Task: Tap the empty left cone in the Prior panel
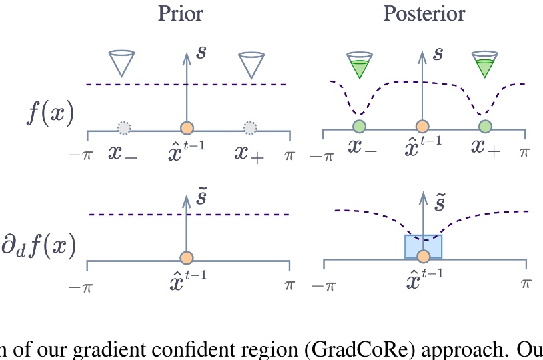click(122, 63)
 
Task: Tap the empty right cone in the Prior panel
click(251, 63)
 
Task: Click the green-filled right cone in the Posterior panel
click(484, 64)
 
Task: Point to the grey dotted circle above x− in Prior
click(124, 127)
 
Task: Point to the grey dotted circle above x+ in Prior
click(250, 127)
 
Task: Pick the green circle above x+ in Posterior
click(485, 127)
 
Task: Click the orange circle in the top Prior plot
click(187, 127)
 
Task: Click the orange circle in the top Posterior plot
click(422, 127)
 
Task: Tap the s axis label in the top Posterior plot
click(438, 53)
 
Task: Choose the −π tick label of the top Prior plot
click(79, 155)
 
